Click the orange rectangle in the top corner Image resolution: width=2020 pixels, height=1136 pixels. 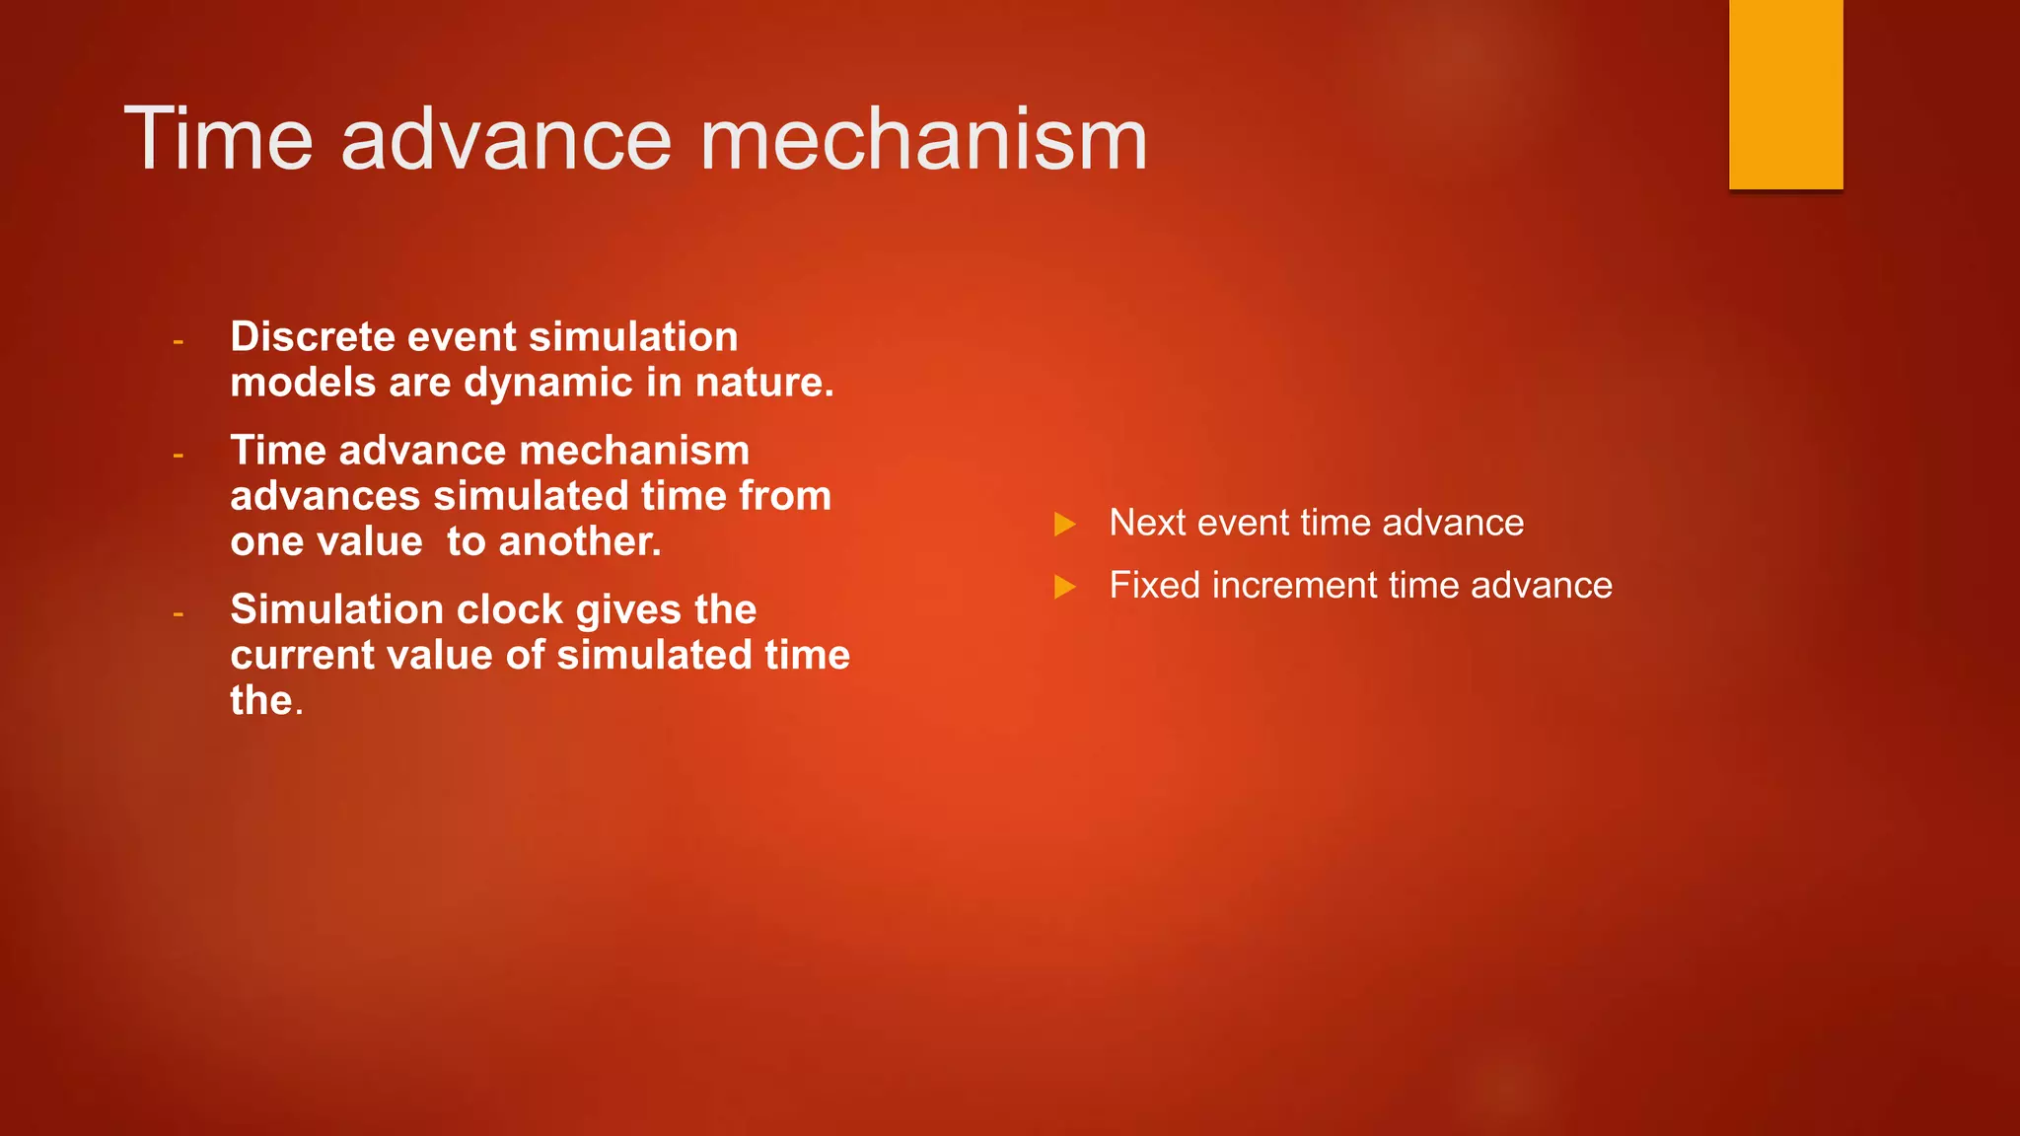(x=1785, y=94)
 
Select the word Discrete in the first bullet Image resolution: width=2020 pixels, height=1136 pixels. (x=313, y=337)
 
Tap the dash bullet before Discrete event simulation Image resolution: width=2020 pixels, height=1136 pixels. (x=179, y=341)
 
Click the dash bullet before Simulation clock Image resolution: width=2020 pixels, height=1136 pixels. (x=179, y=614)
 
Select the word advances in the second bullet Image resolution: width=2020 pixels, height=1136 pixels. (x=325, y=496)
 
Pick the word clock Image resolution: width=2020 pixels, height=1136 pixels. (x=513, y=610)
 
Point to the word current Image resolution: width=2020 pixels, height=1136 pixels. (x=305, y=656)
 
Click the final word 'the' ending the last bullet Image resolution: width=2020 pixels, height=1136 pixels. (x=261, y=701)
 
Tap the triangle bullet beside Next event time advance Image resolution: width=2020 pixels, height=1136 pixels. (x=1064, y=524)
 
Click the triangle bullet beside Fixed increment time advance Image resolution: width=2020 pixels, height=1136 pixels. (x=1064, y=587)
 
